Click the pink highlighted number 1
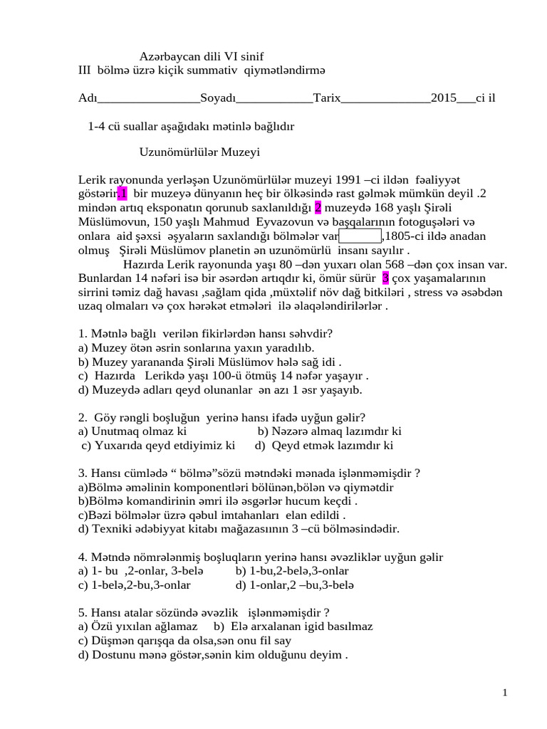(x=123, y=193)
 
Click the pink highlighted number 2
(x=318, y=207)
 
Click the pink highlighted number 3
(x=385, y=278)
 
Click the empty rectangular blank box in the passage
(x=360, y=236)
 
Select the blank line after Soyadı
(x=274, y=98)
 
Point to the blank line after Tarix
(x=386, y=98)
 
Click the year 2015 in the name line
(x=444, y=98)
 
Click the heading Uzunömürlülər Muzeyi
(x=199, y=152)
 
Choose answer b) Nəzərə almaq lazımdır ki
(x=329, y=431)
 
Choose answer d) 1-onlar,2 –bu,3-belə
(x=294, y=584)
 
